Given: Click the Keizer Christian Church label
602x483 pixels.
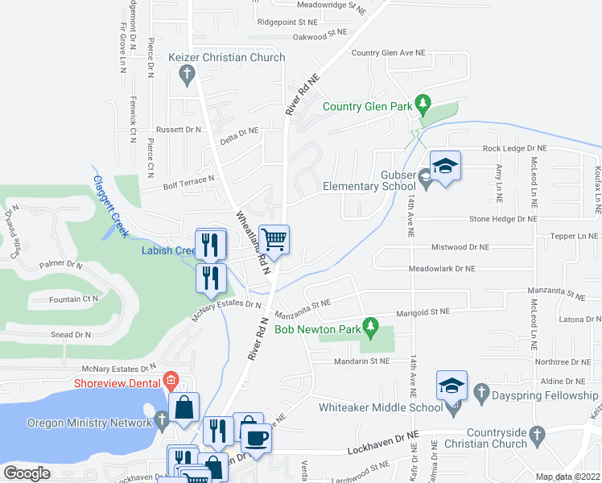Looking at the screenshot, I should click(228, 58).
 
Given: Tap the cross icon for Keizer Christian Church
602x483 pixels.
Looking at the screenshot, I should click(187, 77).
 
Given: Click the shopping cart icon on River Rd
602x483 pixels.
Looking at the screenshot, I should click(274, 239).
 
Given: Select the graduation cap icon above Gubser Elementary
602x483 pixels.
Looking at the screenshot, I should click(444, 166).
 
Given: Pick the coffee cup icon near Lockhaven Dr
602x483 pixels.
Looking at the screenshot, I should click(257, 438).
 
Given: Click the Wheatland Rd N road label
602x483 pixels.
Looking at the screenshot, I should click(250, 242).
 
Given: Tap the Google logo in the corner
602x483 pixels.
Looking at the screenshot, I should click(27, 473).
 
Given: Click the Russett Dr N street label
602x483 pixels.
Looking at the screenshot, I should click(179, 130).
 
